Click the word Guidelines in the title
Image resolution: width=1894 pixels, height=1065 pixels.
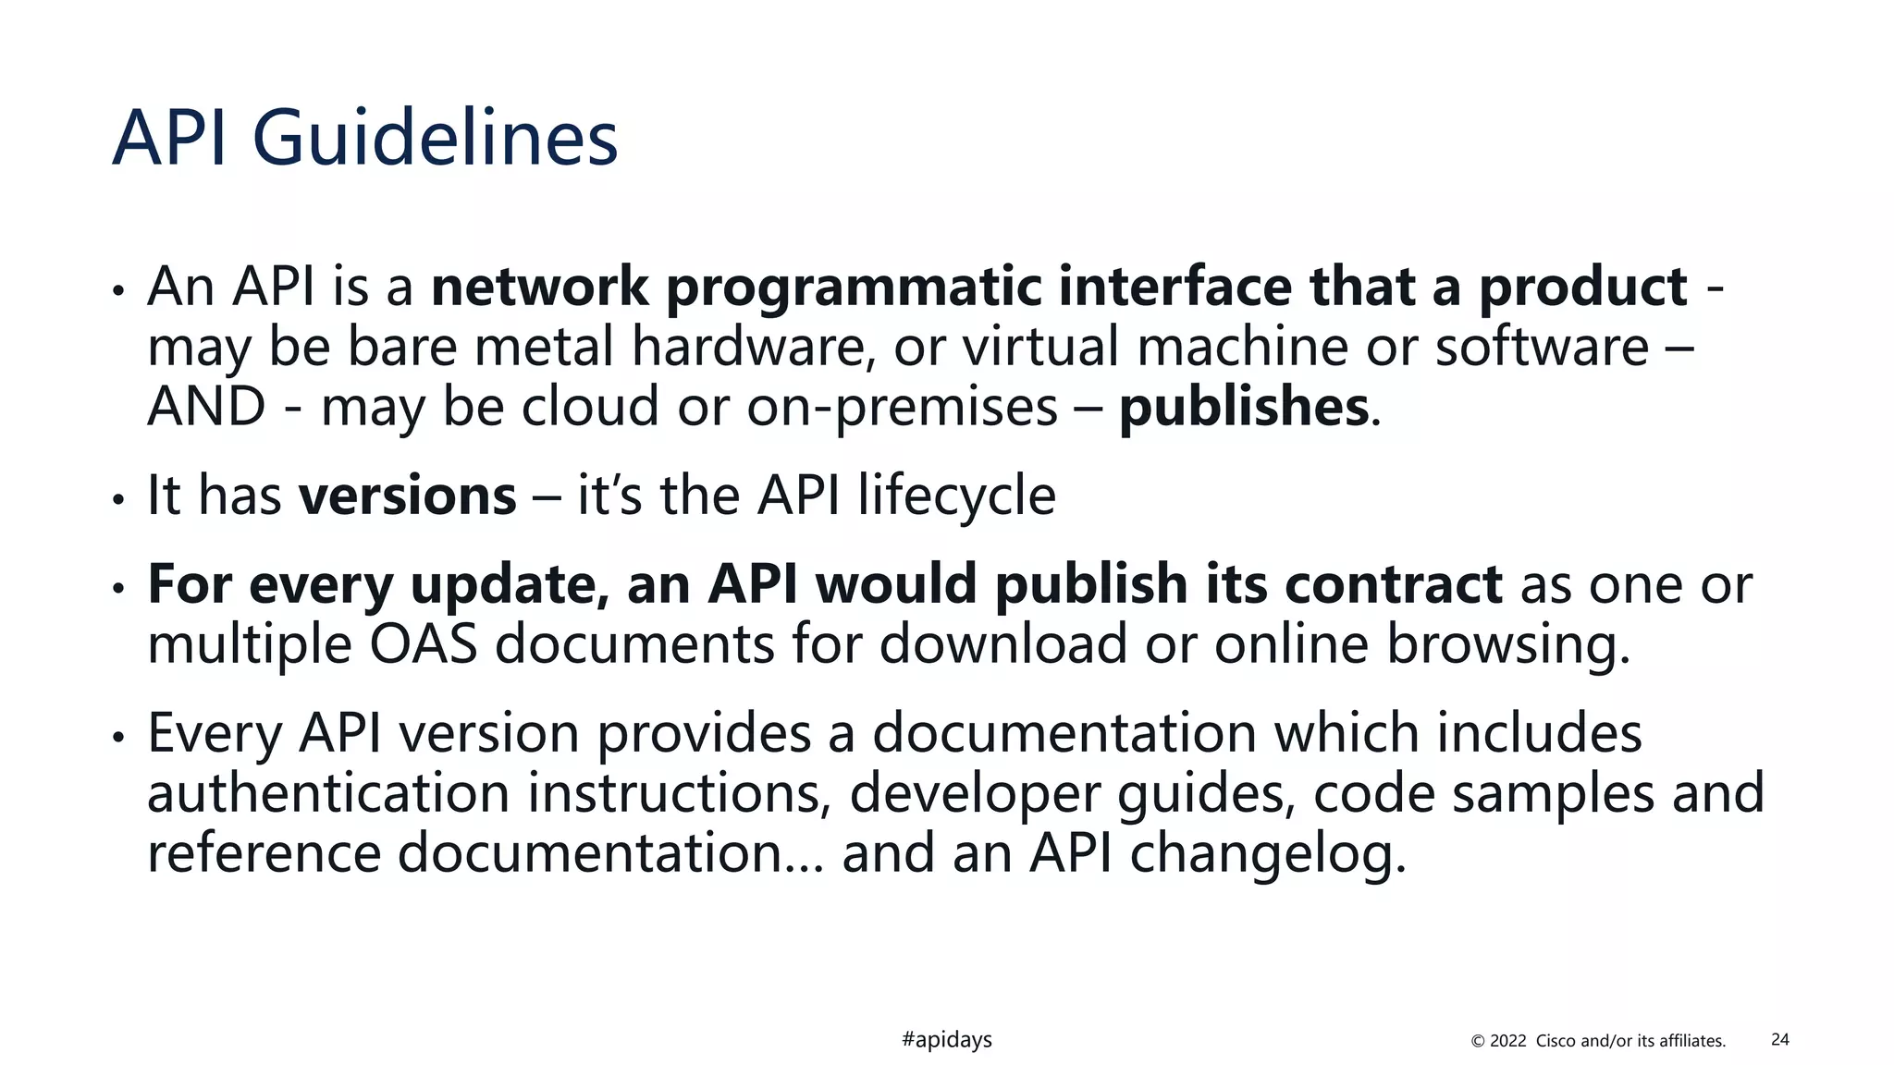(x=435, y=139)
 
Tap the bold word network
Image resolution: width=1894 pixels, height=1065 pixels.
(x=540, y=287)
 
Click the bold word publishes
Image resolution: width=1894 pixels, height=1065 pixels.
(x=1244, y=407)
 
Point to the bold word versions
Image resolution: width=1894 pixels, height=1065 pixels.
(x=407, y=496)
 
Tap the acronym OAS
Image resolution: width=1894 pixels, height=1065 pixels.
(x=424, y=644)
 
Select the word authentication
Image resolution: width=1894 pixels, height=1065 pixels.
(x=328, y=793)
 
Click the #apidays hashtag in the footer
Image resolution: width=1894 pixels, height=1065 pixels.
(x=946, y=1040)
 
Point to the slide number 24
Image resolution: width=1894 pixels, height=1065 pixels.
(x=1779, y=1040)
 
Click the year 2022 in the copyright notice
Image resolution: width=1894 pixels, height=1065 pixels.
(x=1507, y=1041)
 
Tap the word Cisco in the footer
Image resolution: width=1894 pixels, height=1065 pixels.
(x=1556, y=1041)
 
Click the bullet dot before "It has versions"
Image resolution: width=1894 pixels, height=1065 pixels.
(x=117, y=499)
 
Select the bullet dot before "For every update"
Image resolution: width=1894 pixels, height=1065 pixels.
(x=117, y=588)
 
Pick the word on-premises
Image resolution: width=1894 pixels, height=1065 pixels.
(x=902, y=407)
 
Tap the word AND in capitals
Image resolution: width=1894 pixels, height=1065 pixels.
(x=207, y=407)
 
